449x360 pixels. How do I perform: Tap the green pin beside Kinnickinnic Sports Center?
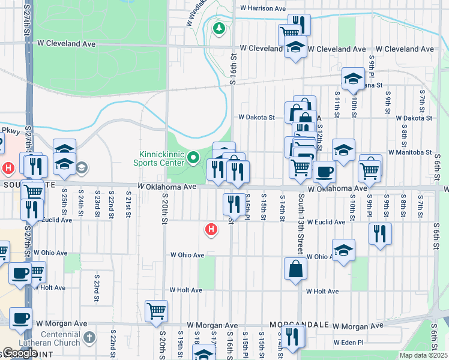(x=193, y=158)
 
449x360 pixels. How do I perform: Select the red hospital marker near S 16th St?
(x=211, y=229)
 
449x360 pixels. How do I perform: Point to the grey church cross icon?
(x=90, y=337)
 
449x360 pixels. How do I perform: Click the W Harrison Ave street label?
(x=262, y=8)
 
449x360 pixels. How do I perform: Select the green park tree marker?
(x=219, y=28)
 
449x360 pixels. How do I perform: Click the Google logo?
(x=19, y=353)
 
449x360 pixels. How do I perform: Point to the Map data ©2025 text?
(x=424, y=355)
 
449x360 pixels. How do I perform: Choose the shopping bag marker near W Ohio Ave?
(x=297, y=269)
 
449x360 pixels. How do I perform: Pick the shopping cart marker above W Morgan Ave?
(x=156, y=311)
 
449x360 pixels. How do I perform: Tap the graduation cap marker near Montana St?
(x=354, y=78)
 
